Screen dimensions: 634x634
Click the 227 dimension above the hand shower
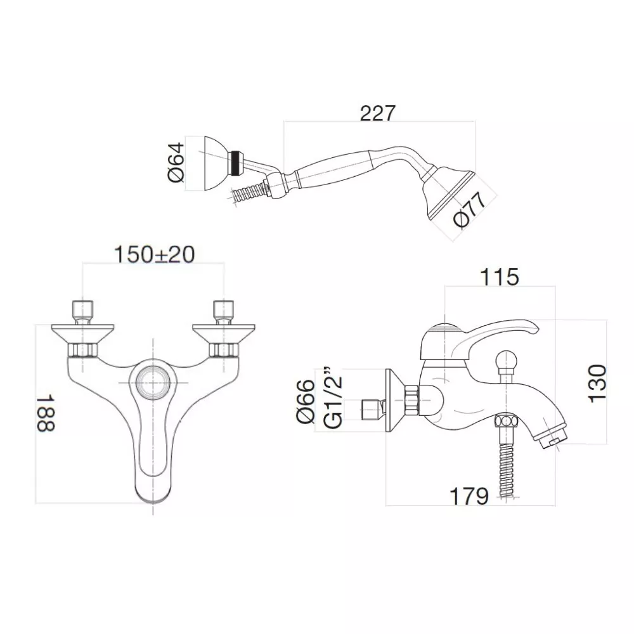[x=378, y=113]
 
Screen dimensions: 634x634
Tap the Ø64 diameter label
[x=176, y=162]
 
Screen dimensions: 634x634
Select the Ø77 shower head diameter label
[x=469, y=210]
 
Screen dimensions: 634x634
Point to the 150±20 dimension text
[x=154, y=255]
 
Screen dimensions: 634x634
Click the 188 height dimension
[x=46, y=413]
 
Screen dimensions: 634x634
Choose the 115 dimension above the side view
[x=499, y=277]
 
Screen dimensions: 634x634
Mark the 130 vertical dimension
[x=598, y=384]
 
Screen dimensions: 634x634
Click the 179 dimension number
[x=469, y=496]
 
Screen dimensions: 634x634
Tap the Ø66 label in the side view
[x=306, y=401]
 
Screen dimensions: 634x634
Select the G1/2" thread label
[x=333, y=398]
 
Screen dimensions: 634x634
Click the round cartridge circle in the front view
[x=153, y=382]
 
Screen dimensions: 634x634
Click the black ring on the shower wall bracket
[x=235, y=164]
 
